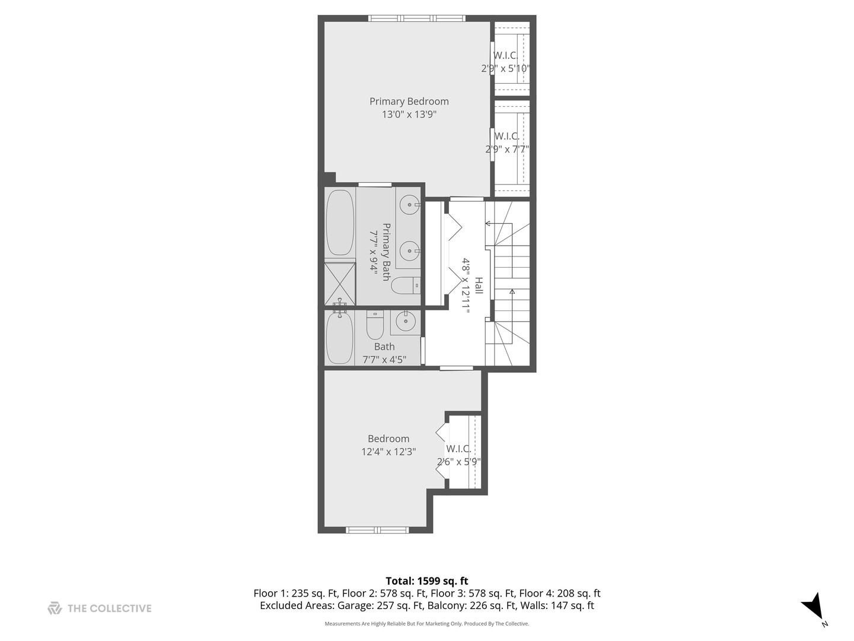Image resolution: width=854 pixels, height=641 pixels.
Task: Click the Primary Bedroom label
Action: [409, 101]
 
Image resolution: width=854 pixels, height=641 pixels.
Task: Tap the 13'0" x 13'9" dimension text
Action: [409, 115]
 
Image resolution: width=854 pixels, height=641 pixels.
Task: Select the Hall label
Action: [479, 285]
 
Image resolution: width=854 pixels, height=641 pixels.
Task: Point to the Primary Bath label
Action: [386, 252]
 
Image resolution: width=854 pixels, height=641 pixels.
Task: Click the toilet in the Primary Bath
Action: [406, 285]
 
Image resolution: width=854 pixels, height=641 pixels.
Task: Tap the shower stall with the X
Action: [340, 284]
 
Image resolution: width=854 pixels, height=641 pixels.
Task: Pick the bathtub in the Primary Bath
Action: [340, 223]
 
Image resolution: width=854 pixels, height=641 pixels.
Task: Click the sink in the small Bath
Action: [406, 322]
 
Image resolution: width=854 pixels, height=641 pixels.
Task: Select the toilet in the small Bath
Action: [375, 325]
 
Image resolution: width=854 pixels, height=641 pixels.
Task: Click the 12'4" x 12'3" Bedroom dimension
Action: [388, 452]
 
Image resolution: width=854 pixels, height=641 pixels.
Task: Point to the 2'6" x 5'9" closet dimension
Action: [459, 462]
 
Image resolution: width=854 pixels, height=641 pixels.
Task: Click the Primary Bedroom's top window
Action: [417, 18]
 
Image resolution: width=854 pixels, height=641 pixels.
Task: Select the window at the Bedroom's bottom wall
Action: [377, 529]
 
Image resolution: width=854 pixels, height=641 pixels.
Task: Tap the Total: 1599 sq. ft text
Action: [427, 580]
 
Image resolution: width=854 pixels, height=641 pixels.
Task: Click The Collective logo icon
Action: [55, 608]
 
